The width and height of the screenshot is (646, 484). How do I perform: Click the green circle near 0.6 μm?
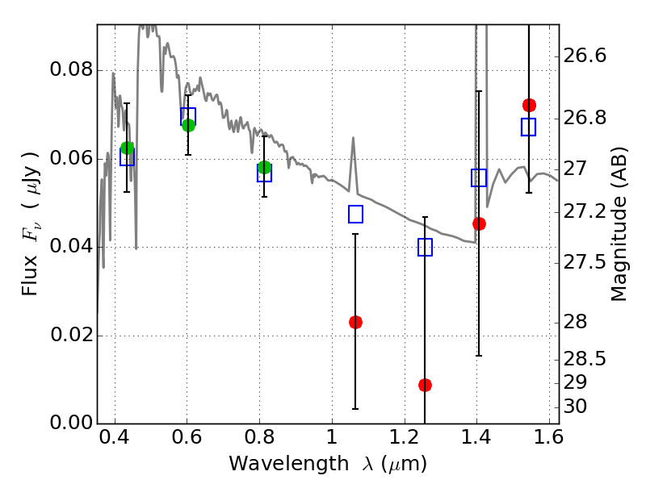click(x=188, y=126)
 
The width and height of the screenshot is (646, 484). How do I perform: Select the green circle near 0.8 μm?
click(x=265, y=168)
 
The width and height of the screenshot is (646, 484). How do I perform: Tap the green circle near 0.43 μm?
click(x=128, y=148)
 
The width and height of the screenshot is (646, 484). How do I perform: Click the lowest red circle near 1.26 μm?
click(x=426, y=386)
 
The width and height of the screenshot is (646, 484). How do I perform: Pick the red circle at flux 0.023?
click(x=355, y=322)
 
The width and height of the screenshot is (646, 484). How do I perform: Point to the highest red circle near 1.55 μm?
click(x=529, y=106)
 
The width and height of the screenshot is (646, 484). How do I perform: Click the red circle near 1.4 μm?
click(x=479, y=224)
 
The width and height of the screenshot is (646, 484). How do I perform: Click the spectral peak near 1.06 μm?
click(x=353, y=137)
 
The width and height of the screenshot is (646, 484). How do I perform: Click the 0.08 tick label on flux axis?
click(x=71, y=69)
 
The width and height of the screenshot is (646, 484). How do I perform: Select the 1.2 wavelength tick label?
click(x=405, y=437)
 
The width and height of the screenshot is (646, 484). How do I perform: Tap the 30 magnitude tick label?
click(x=575, y=407)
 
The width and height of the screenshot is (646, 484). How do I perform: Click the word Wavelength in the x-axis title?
click(x=289, y=464)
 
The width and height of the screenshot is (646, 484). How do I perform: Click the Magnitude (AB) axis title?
click(x=618, y=224)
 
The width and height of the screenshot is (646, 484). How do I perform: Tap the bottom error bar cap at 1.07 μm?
click(x=355, y=409)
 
